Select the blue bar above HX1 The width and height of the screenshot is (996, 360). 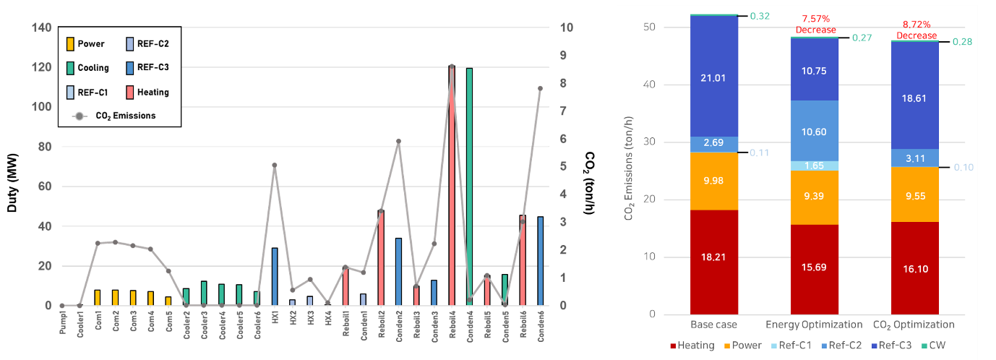[x=275, y=277]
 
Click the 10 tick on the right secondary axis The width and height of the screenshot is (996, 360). [x=567, y=27]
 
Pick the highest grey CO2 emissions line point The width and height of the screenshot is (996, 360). [x=452, y=67]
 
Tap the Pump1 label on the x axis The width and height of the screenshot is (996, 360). [x=63, y=327]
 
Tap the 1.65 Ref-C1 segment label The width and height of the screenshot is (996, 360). [x=815, y=166]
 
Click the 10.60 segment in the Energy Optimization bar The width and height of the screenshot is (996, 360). [x=815, y=131]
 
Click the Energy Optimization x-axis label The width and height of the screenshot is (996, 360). [x=815, y=324]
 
